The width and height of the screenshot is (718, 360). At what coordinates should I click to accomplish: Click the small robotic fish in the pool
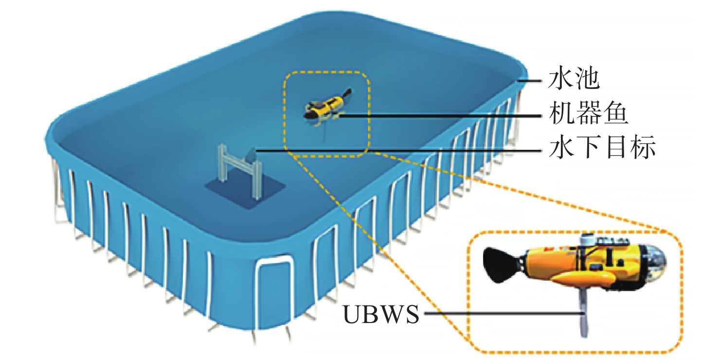pyautogui.click(x=325, y=108)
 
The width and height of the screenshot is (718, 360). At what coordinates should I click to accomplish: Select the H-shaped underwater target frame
pyautogui.click(x=238, y=170)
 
